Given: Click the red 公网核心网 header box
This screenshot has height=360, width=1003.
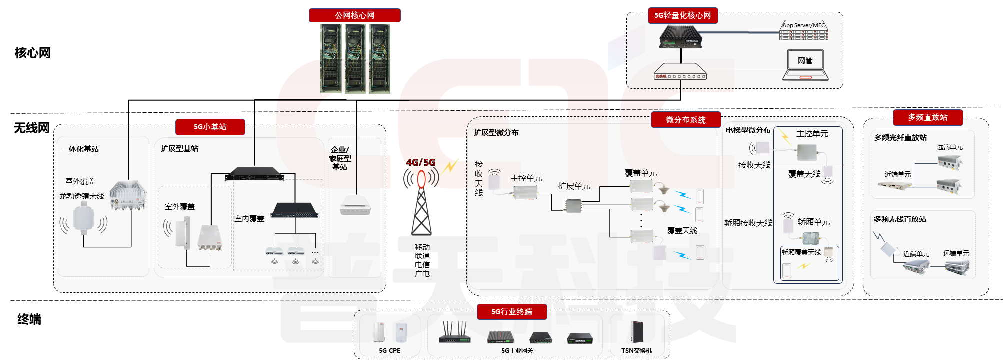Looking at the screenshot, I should click(x=354, y=15).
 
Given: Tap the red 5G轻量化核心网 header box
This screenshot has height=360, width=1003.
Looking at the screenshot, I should click(x=682, y=15).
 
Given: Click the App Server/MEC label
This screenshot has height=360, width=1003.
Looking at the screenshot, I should click(x=803, y=25).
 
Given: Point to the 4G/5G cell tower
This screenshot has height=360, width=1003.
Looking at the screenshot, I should click(x=421, y=205).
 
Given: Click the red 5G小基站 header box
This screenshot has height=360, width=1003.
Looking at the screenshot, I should click(x=210, y=127).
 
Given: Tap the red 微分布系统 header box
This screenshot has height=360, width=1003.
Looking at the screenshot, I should click(x=685, y=120).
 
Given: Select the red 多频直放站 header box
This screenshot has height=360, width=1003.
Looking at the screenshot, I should click(x=927, y=117).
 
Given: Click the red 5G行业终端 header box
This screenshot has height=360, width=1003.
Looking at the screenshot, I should click(x=511, y=312).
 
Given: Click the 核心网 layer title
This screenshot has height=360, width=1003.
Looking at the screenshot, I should click(x=33, y=53).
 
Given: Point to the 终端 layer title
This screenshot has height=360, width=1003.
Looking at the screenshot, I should click(x=29, y=319).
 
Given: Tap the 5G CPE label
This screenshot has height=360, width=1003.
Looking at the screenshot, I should click(x=389, y=351).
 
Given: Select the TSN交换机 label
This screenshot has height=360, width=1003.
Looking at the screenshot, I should click(x=636, y=351).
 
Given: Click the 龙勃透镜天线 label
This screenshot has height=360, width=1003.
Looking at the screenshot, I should click(x=82, y=196).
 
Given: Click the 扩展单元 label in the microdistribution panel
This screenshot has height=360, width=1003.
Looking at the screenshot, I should click(x=574, y=186).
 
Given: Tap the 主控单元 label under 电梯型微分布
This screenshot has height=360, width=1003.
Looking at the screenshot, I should click(x=812, y=134).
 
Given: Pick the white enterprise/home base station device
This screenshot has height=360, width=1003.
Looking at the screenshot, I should click(x=355, y=205).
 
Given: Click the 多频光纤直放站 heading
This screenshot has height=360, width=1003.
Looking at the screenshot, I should click(x=900, y=138).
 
